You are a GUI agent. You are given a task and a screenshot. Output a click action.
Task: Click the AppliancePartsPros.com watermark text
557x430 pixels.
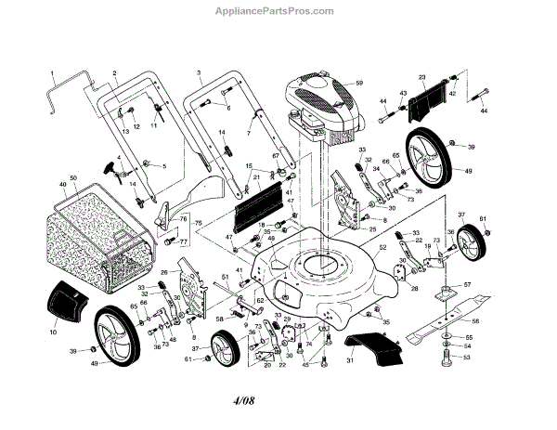[x=278, y=12]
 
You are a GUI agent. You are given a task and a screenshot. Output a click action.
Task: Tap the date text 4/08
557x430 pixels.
[x=278, y=401]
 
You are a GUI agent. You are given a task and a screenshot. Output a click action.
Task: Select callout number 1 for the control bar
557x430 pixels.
[x=52, y=72]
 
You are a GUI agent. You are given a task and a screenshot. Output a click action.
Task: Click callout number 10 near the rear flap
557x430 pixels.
[x=53, y=331]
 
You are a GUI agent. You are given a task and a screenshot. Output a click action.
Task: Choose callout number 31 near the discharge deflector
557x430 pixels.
[x=350, y=361]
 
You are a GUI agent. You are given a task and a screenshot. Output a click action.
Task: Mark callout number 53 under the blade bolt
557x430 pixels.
[x=468, y=357]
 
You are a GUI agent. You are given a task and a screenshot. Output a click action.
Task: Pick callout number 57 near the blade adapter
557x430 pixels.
[x=468, y=284]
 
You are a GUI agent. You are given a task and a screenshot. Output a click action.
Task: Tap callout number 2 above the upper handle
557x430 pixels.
[x=113, y=72]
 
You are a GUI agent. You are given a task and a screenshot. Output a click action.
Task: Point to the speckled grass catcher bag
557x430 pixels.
[x=88, y=232]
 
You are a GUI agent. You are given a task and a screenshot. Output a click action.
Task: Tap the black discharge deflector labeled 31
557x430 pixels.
[x=371, y=348]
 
